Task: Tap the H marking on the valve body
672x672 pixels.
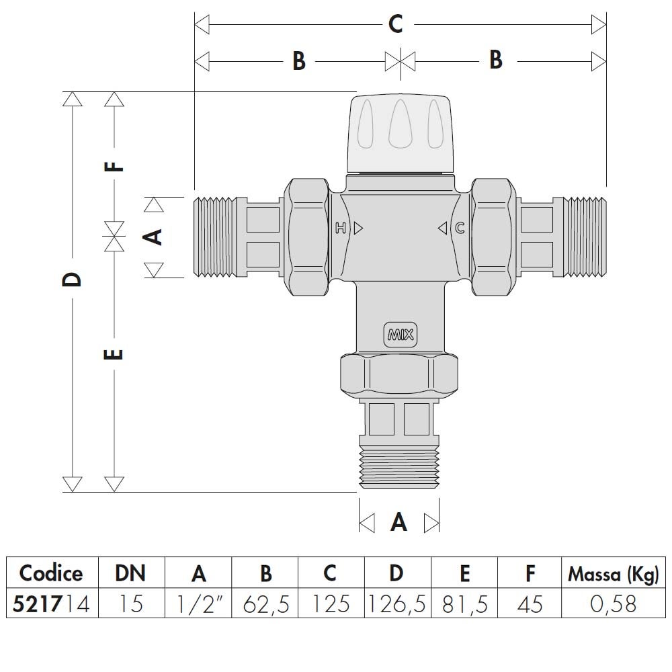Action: (341, 228)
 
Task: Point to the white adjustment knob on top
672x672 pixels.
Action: (401, 132)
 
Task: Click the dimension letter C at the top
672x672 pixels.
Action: (396, 25)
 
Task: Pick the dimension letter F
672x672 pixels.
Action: (116, 165)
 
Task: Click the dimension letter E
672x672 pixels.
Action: (115, 353)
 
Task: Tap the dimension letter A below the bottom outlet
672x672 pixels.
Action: (399, 522)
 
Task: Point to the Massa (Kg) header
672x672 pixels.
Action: (614, 574)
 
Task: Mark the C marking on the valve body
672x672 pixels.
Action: (460, 228)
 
